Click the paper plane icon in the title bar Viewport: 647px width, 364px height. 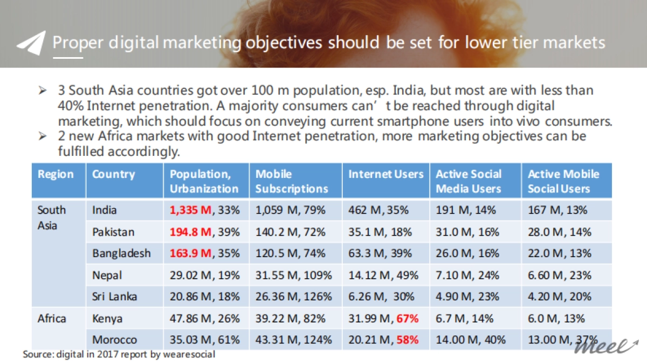point(31,43)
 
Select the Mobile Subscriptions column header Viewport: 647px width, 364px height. point(292,181)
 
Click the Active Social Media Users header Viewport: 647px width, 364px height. point(469,181)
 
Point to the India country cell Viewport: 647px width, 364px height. point(104,210)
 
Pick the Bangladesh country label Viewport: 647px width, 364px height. point(121,253)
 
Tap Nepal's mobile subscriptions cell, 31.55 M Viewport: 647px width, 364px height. point(293,275)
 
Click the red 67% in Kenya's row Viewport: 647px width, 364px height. point(408,318)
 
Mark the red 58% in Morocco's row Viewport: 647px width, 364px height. point(408,340)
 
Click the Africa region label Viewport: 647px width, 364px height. point(52,318)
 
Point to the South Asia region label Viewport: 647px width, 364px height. point(52,217)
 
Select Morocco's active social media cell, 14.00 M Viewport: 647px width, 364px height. point(471,340)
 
